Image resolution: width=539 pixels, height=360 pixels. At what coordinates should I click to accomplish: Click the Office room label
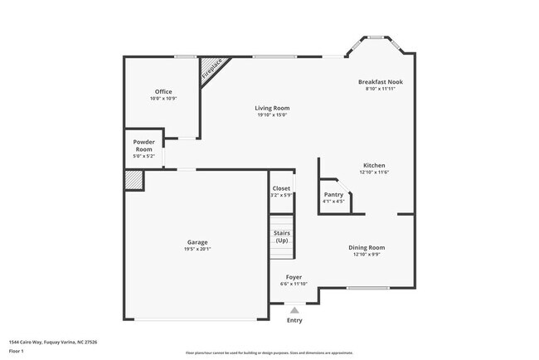[163, 91]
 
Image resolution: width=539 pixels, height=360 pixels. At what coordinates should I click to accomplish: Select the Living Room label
[272, 108]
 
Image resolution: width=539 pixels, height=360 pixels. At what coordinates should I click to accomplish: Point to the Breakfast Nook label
[380, 82]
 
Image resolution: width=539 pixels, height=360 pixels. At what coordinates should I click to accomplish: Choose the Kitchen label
[374, 165]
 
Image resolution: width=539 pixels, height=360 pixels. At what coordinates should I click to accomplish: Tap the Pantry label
[333, 194]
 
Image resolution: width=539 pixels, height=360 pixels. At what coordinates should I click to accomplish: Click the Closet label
[281, 188]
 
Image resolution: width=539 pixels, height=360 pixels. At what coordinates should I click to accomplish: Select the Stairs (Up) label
[281, 236]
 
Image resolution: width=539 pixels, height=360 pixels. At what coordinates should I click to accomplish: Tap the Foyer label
[294, 276]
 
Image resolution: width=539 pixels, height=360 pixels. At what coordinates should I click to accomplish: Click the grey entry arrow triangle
[294, 309]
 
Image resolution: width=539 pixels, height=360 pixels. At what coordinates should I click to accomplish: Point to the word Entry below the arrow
[294, 320]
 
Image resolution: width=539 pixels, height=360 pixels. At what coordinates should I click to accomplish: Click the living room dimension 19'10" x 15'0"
[272, 115]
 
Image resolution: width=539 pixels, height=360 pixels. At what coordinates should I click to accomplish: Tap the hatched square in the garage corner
[134, 180]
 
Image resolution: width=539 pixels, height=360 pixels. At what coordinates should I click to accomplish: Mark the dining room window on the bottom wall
[368, 288]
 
